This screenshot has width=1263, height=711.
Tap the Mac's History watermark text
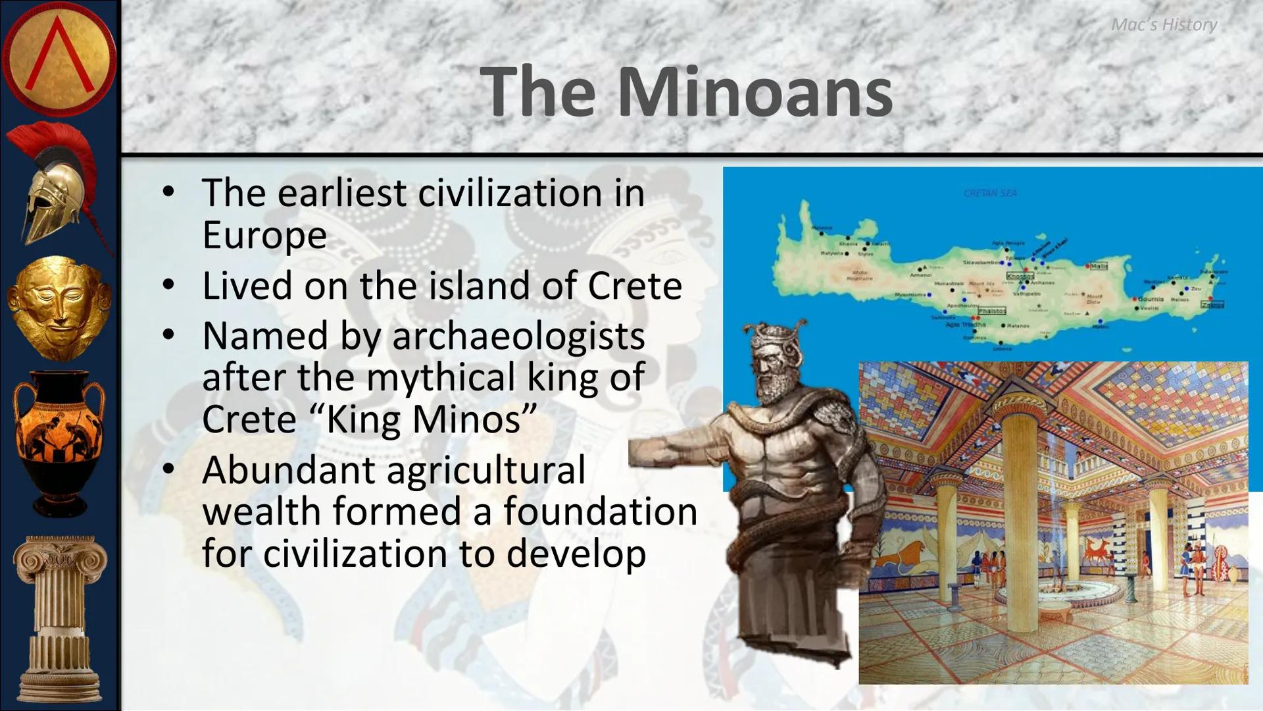(x=1164, y=25)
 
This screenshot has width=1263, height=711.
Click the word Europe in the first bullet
(x=264, y=235)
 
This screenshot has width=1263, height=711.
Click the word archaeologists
(x=518, y=336)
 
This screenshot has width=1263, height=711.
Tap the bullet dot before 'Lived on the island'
(x=169, y=285)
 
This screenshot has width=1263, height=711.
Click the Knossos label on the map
(x=1020, y=276)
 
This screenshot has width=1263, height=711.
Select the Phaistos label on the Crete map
(x=991, y=311)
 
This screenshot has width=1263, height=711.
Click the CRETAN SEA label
(x=990, y=194)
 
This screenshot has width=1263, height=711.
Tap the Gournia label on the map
(x=1151, y=299)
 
